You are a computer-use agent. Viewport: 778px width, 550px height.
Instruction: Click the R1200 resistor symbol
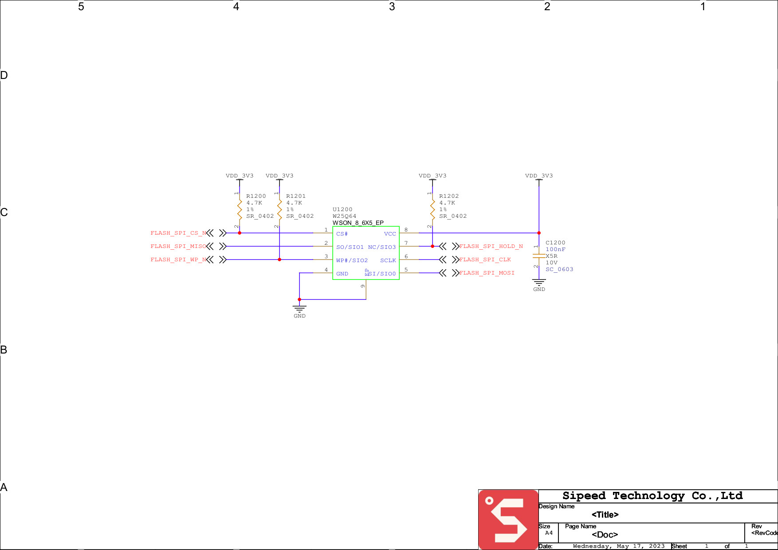tap(240, 209)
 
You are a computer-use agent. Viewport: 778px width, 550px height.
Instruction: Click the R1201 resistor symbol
tap(279, 209)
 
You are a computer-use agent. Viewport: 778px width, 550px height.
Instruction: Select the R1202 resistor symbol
tap(432, 209)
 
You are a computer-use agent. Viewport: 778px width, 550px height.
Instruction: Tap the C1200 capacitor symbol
tap(539, 256)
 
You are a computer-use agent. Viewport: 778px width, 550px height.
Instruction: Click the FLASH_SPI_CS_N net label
tap(178, 233)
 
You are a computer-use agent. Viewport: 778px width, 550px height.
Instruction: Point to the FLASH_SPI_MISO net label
tap(178, 247)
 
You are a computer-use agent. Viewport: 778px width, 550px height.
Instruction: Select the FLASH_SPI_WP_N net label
tap(178, 260)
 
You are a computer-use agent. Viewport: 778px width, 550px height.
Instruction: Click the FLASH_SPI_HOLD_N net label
tap(491, 247)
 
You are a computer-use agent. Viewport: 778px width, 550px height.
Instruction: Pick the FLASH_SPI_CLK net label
tap(485, 260)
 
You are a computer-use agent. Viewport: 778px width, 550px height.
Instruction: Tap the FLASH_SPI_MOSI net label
tap(487, 273)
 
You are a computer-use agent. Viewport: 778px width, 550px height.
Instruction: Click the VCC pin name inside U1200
tap(390, 234)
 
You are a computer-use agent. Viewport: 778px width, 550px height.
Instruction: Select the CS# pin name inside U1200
tap(342, 234)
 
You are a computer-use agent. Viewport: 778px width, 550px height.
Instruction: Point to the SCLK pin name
tap(388, 261)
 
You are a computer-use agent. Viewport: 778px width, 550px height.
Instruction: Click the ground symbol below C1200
tap(539, 283)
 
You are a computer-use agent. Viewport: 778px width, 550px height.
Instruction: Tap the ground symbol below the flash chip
tap(299, 309)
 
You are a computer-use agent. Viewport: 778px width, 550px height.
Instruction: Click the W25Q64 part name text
tap(345, 216)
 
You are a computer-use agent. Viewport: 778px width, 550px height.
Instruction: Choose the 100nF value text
tap(555, 250)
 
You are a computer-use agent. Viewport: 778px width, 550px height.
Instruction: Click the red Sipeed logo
tap(508, 519)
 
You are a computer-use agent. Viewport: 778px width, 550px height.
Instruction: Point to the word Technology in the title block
tap(648, 496)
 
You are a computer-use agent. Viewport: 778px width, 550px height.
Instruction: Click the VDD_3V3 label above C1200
tap(539, 176)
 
